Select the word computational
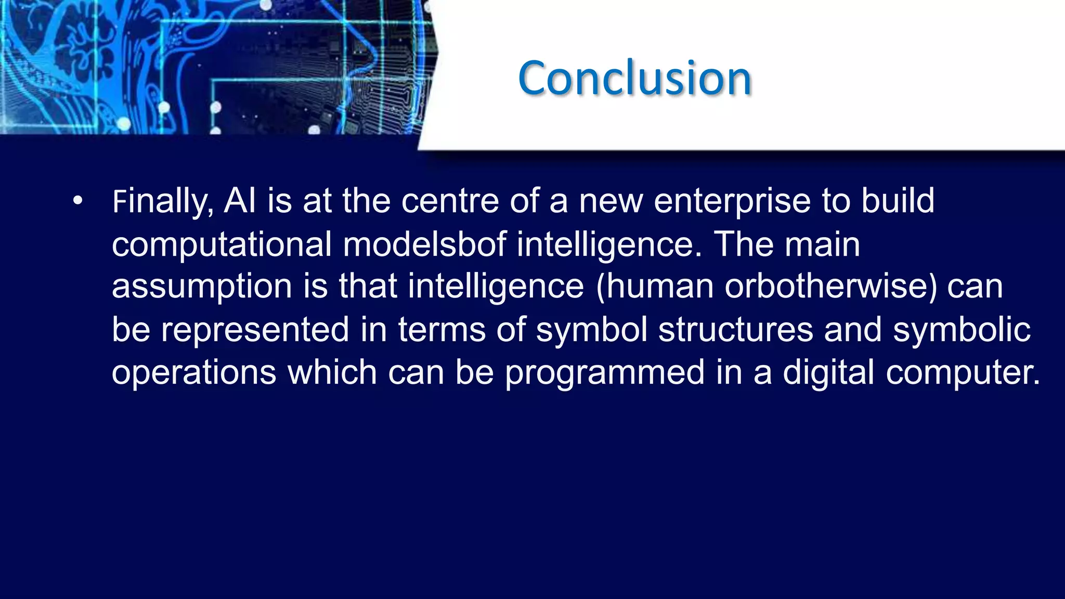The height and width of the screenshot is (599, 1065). click(x=222, y=245)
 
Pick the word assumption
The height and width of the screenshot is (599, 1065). click(x=202, y=288)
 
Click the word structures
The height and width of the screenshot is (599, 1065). click(x=735, y=330)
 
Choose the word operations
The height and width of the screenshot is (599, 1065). click(x=193, y=373)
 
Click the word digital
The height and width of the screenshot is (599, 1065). click(x=828, y=373)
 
